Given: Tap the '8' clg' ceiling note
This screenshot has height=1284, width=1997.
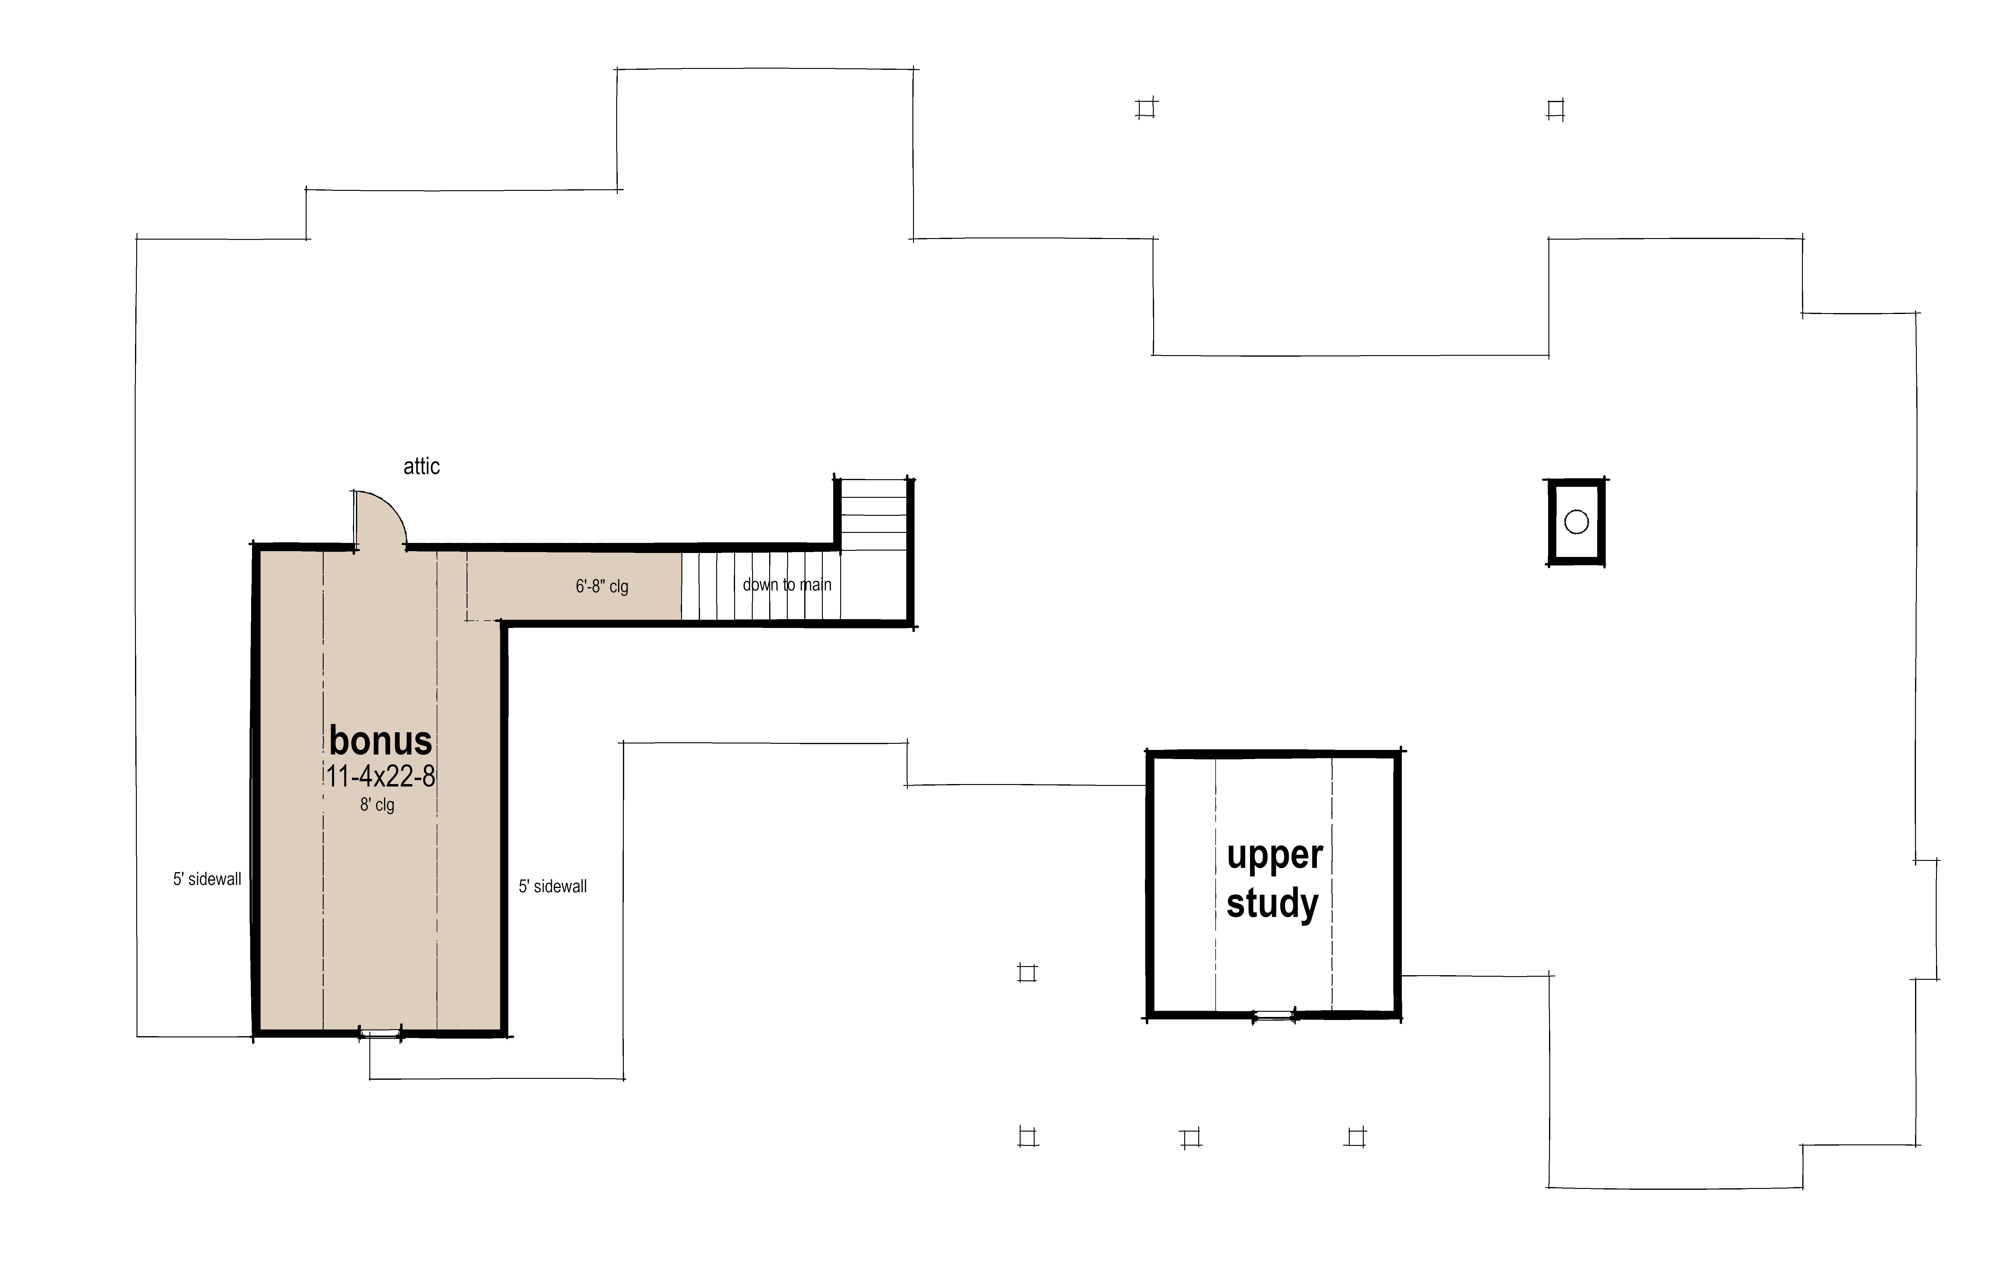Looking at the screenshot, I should (377, 805).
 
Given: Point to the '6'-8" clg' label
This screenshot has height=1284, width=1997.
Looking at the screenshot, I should (601, 586).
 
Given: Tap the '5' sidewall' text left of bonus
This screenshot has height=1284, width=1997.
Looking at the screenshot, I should (207, 879).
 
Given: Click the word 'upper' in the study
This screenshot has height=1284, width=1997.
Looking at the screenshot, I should (1274, 855).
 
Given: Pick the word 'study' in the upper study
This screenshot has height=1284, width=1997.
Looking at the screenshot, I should (1272, 904).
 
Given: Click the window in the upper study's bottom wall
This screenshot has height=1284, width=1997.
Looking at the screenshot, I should (1274, 1015).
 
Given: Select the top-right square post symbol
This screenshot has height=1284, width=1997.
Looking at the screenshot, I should (1555, 110).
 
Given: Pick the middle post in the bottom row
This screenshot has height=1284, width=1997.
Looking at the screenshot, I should (1190, 1138).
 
